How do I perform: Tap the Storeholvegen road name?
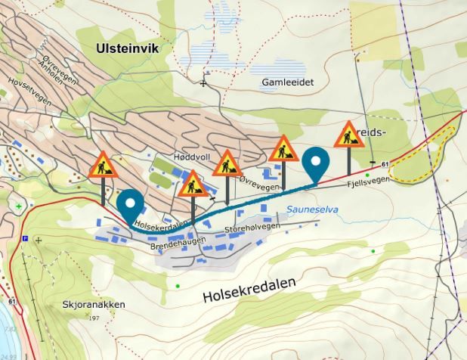[x=253, y=227]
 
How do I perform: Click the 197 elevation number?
[x=94, y=318]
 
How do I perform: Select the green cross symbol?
[x=19, y=206]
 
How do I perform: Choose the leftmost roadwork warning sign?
[x=102, y=165]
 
